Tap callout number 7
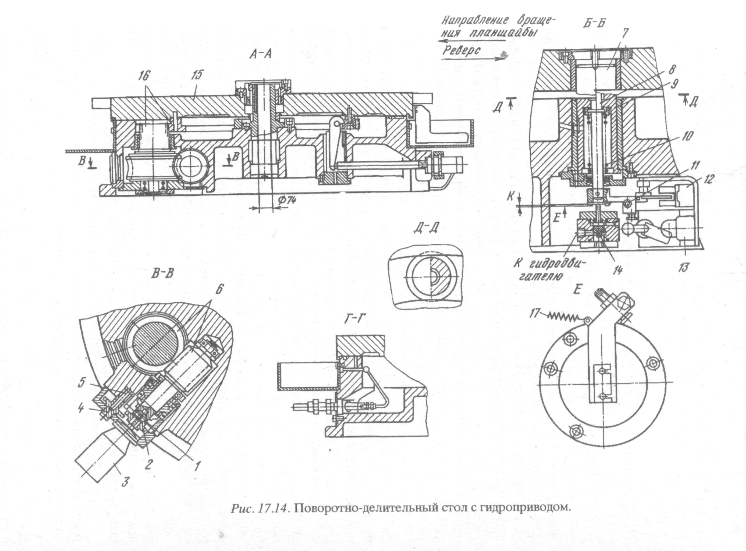625,33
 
